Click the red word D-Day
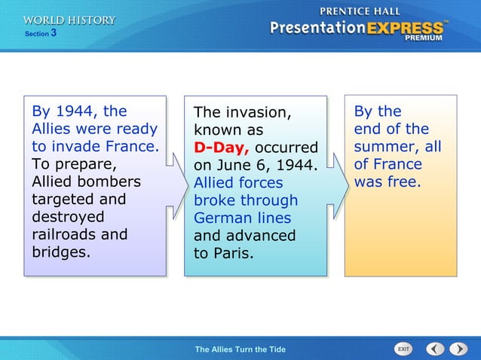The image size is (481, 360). (x=216, y=147)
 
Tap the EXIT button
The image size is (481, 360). (x=403, y=349)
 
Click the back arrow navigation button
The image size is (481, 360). (x=435, y=349)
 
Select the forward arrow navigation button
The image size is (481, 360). (x=458, y=349)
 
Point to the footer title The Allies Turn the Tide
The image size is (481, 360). (x=240, y=349)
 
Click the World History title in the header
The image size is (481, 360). (x=69, y=20)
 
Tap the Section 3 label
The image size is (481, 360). (x=41, y=34)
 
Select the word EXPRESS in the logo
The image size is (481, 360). (x=406, y=29)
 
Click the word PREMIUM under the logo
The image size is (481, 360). (x=426, y=38)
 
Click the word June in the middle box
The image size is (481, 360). (x=231, y=165)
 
